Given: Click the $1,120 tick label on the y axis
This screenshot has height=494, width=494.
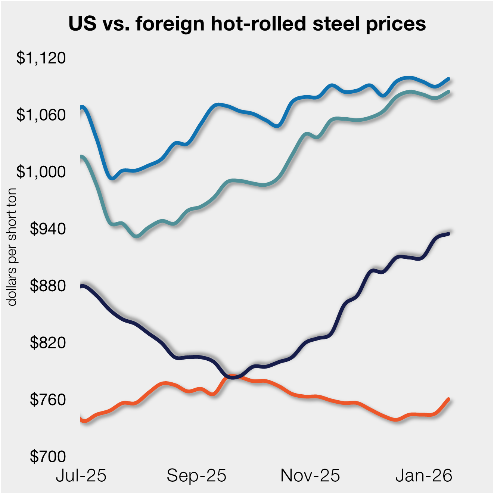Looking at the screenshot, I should point(41,58).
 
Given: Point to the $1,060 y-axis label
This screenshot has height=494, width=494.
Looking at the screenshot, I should point(41,115).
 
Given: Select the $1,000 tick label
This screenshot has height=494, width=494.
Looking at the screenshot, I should point(41,172).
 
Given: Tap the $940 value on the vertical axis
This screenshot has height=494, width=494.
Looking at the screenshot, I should point(48,229).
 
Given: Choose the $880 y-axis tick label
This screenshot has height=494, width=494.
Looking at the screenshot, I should point(48,286).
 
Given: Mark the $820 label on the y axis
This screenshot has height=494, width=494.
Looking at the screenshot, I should point(48,343).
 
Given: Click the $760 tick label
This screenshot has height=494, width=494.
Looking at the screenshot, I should point(48,400).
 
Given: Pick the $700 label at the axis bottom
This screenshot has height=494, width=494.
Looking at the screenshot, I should point(48,456).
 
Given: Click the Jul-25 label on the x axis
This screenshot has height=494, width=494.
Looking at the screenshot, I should point(81,476).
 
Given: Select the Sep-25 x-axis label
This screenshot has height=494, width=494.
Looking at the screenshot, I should point(196,476).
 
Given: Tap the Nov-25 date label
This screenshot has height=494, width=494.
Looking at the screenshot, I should point(310,476).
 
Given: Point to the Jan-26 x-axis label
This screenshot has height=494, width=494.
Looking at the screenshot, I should point(424,476).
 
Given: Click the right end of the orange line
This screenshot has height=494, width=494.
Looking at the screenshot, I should point(448,399).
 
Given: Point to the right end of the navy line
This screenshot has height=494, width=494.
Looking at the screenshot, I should point(449,234).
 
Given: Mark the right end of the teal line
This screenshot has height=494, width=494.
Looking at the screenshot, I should point(448,92).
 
